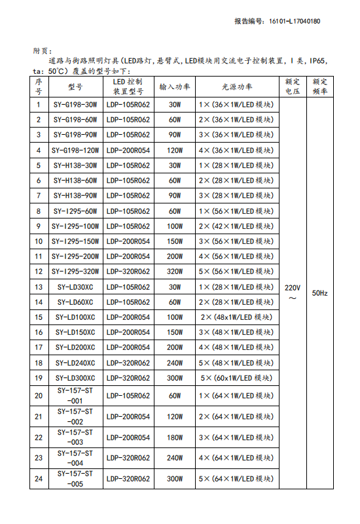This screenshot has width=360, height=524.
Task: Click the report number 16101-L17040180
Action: pos(295,21)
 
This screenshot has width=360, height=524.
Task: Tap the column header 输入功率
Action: pos(174,86)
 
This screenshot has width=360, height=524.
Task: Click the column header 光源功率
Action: pos(236,86)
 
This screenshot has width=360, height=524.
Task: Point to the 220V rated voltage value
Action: pos(293,287)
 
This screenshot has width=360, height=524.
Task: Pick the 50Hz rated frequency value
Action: pos(320,293)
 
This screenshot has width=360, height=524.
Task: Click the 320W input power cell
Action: pos(174,271)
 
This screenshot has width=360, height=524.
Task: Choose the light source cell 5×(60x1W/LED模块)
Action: pos(236,377)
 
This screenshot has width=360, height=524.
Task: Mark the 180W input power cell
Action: pos(174,437)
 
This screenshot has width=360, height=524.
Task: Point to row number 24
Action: pos(39,479)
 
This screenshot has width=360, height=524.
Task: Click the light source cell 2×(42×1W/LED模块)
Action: pos(236,226)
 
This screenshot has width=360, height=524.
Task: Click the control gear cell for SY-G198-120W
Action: pos(128,150)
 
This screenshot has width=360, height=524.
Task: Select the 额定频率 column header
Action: pos(320,86)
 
